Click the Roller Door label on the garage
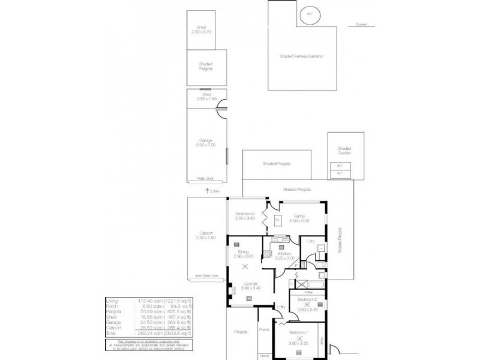[x=206, y=179]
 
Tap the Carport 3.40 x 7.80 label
[x=206, y=236]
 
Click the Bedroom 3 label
[x=244, y=216]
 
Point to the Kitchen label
[x=284, y=256]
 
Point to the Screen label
[x=360, y=26]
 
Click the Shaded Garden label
[x=344, y=151]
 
